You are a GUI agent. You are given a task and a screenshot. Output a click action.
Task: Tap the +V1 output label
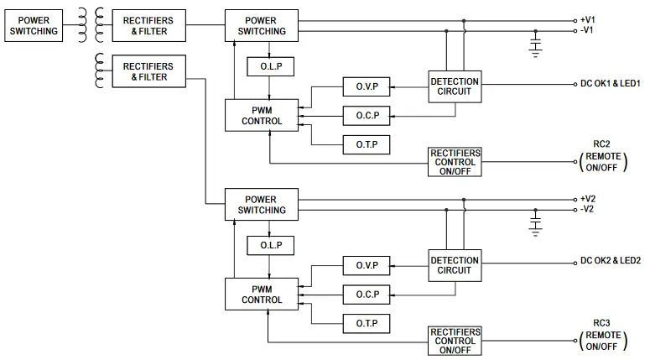tap(587, 19)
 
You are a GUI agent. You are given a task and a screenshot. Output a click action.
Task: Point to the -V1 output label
tap(587, 30)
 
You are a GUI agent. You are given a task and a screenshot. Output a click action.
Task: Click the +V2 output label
tap(587, 199)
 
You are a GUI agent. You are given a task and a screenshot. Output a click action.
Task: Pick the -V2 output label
tap(587, 210)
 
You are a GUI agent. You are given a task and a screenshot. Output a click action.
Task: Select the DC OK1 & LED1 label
tap(610, 84)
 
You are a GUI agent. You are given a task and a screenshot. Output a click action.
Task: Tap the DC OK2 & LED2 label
tap(610, 261)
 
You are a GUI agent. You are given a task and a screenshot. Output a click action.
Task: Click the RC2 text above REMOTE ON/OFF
tap(601, 143)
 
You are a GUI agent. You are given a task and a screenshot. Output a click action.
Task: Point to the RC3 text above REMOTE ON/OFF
tap(601, 322)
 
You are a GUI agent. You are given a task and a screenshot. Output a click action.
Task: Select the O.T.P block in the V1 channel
tap(366, 145)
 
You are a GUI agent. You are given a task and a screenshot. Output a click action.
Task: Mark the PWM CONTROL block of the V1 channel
tap(262, 115)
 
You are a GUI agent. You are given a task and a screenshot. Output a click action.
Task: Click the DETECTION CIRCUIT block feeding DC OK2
tap(455, 265)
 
